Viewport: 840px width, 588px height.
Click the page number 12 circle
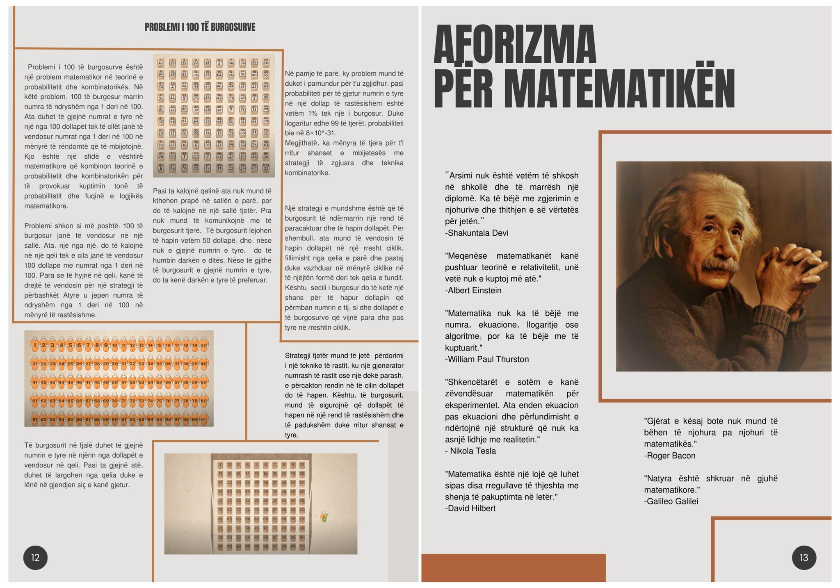point(35,557)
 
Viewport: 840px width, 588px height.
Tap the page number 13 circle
point(803,557)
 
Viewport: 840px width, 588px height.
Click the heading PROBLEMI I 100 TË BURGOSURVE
point(200,27)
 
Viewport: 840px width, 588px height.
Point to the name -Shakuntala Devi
point(477,233)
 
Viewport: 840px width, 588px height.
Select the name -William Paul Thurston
point(487,359)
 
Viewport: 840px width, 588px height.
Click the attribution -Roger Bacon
point(669,456)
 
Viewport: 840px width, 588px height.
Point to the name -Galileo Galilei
point(671,501)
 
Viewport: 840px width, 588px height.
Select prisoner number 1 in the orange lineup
point(35,345)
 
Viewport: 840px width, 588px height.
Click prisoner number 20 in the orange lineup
point(204,345)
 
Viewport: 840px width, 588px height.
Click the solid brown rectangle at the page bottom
point(513,567)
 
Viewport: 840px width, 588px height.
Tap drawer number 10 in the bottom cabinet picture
point(302,465)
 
